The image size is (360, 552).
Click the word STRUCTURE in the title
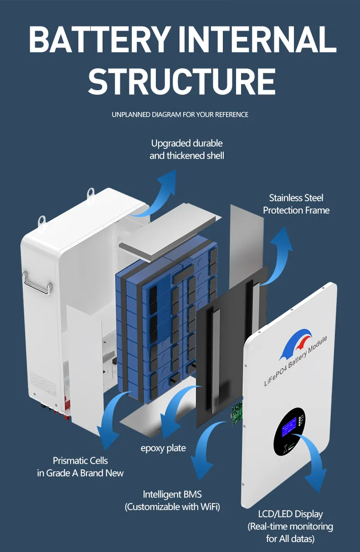[x=181, y=81]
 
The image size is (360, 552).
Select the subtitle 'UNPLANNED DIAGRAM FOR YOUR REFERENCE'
[x=180, y=115]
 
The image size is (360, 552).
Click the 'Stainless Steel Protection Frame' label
[x=296, y=204]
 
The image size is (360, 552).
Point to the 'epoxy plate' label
[x=163, y=448]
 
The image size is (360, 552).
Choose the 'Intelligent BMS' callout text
[x=172, y=494]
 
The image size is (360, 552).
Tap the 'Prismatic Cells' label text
[x=80, y=460]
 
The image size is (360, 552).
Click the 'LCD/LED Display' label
[x=290, y=514]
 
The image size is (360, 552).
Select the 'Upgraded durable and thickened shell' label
[x=187, y=149]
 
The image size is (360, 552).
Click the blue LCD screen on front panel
[x=289, y=427]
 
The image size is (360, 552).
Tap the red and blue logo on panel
[x=296, y=343]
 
